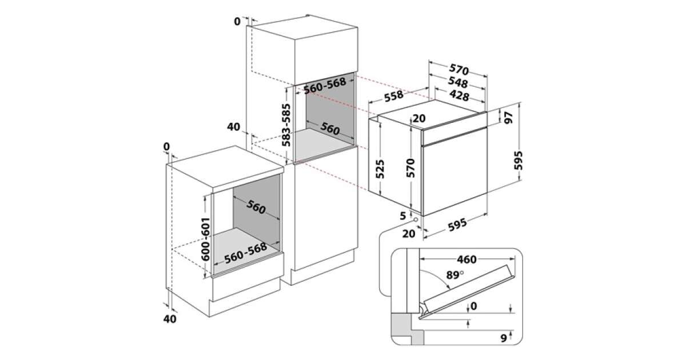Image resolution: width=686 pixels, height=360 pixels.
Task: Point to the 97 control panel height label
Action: [x=507, y=117]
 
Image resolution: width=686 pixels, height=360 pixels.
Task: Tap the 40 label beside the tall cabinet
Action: [x=233, y=127]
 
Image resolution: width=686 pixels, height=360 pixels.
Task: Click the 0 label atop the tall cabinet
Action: [x=237, y=21]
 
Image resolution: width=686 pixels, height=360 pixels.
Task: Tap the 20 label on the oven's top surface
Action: [x=419, y=119]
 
